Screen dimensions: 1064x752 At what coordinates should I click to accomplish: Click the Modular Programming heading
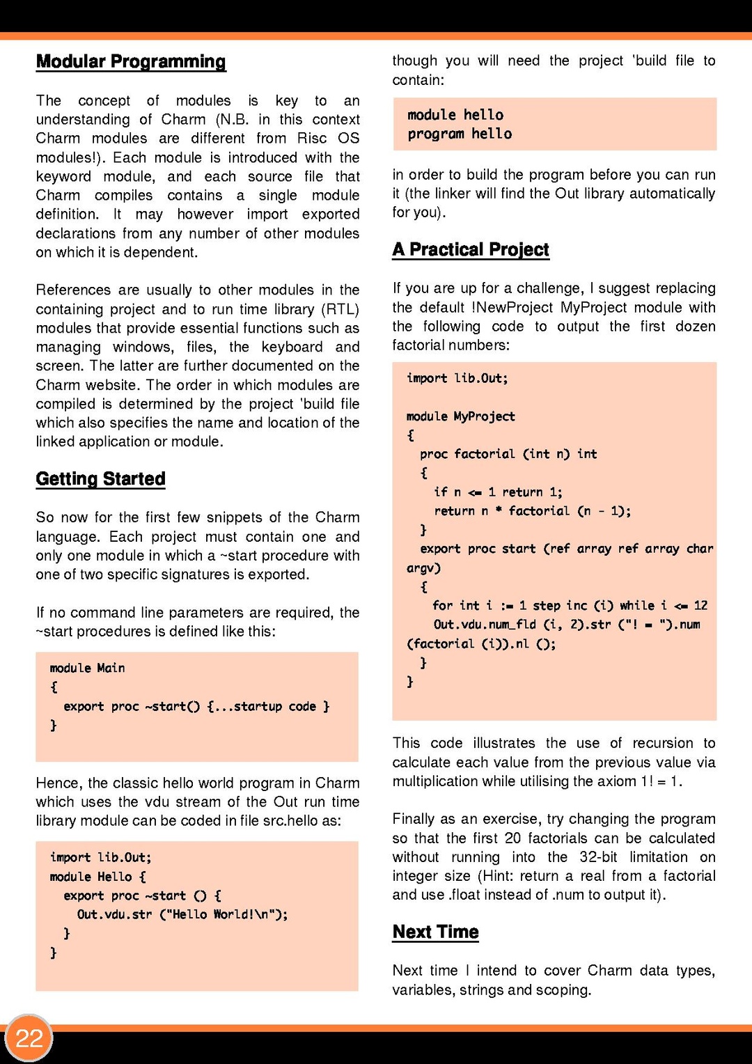point(131,62)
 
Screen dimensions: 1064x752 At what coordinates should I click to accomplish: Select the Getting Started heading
point(101,479)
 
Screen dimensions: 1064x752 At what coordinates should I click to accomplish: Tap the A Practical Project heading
point(471,250)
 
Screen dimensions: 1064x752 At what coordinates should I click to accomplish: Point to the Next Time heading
point(436,932)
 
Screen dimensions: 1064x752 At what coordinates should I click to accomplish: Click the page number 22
point(29,1038)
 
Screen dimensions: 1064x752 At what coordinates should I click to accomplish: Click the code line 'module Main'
point(87,668)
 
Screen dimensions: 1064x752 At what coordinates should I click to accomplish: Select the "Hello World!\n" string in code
point(223,914)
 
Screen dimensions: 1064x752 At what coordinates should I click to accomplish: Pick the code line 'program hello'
point(460,134)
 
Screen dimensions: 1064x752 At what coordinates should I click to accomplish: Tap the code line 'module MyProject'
point(460,416)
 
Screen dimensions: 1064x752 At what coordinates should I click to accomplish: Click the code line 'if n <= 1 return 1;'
point(498,492)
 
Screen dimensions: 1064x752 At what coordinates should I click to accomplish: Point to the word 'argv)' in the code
point(423,568)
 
